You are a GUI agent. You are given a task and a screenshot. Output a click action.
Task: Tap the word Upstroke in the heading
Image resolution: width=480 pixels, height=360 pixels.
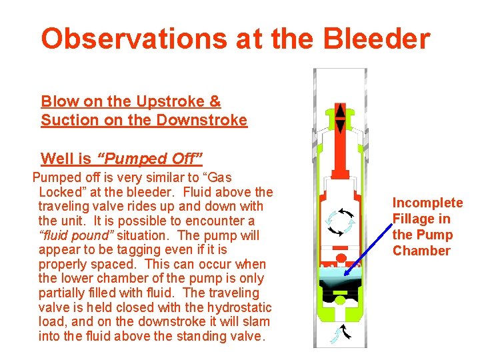(170, 102)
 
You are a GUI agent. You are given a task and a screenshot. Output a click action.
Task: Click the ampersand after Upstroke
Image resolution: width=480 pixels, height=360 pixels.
(215, 102)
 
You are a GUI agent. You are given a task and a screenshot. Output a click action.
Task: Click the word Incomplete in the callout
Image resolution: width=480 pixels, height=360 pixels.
(427, 203)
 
